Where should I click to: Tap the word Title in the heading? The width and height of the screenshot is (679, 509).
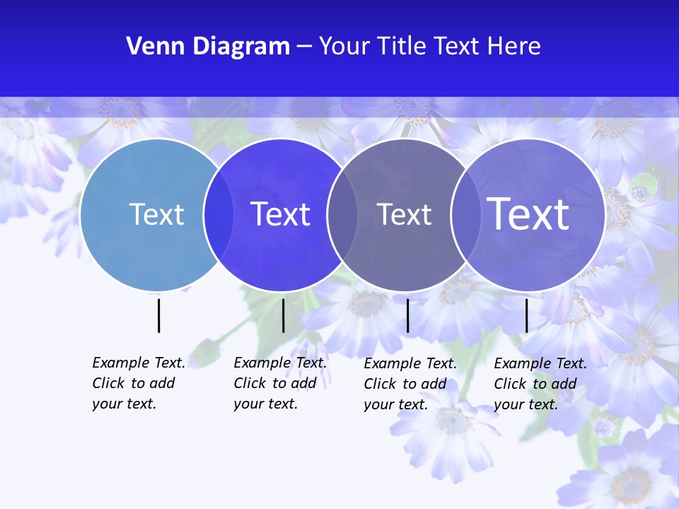402,47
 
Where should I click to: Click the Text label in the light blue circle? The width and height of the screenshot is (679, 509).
156,214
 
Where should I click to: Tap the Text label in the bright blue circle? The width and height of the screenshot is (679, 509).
281,214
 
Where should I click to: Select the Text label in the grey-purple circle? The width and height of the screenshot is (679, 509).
404,214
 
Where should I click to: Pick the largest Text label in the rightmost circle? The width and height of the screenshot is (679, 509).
528,214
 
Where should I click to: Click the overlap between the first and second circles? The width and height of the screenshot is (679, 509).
219,214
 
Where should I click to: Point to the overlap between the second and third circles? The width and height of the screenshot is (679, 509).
342,214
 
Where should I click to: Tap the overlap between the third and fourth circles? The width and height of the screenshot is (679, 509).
465,214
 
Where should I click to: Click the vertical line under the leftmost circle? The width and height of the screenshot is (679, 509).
158,315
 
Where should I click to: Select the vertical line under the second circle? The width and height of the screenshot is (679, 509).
283,315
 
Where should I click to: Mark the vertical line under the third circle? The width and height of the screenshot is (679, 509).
407,315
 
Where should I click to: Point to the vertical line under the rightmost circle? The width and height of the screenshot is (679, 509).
526,315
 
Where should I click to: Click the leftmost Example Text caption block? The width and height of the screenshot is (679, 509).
138,383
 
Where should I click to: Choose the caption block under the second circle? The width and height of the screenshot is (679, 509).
279,383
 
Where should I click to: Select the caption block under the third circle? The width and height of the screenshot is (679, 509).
410,384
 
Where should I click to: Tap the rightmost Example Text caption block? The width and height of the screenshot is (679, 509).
540,384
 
